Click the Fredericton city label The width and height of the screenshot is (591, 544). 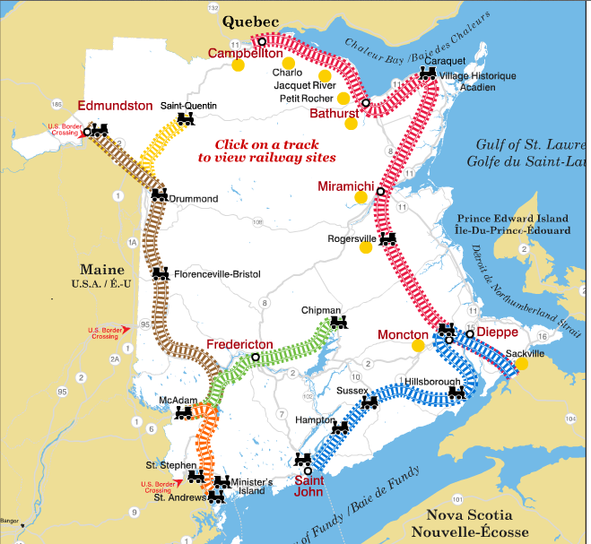[x=239, y=344]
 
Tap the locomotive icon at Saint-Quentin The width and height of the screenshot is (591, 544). [x=186, y=118]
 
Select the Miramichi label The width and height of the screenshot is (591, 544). [x=345, y=186]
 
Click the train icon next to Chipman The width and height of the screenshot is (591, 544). [x=338, y=322]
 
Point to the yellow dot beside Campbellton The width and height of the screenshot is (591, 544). [x=238, y=65]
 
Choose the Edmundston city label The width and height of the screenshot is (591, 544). [x=115, y=106]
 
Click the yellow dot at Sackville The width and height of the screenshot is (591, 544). [x=522, y=364]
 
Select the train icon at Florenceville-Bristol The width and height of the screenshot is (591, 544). [x=161, y=272]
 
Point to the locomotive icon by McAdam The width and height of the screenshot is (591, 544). [x=183, y=413]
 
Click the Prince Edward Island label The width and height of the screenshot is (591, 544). [x=512, y=219]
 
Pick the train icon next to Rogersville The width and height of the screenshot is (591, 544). [x=387, y=238]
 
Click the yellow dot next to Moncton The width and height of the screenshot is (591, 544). [x=418, y=346]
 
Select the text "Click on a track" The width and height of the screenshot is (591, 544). [x=261, y=144]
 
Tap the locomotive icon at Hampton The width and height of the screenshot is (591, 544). [x=339, y=429]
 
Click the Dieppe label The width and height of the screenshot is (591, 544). [x=497, y=331]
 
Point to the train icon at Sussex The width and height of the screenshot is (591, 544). [x=370, y=402]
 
